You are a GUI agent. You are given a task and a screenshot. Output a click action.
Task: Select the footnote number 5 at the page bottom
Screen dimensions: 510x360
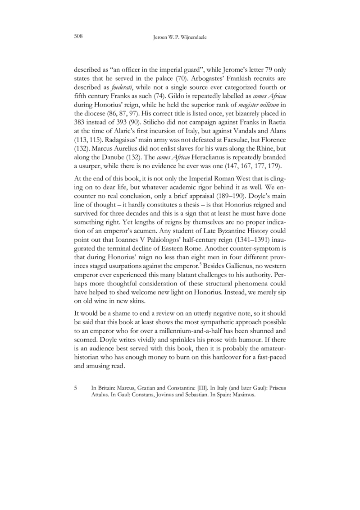(x=75, y=387)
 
